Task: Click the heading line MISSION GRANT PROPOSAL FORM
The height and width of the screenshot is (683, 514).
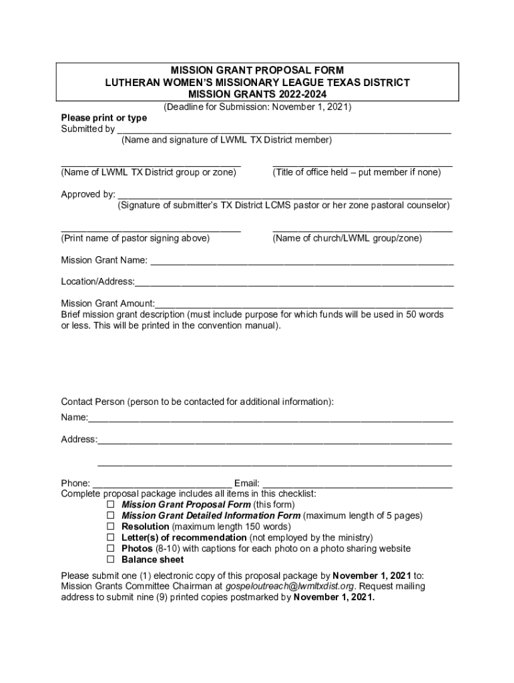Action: [x=257, y=70]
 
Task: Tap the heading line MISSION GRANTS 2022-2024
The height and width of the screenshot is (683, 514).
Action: [x=257, y=94]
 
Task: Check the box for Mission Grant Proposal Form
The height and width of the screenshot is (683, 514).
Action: [x=111, y=505]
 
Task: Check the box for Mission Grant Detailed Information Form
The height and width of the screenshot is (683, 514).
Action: [x=111, y=516]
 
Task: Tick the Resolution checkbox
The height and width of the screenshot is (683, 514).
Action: [x=111, y=527]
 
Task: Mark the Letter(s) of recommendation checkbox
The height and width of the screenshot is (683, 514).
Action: [x=111, y=538]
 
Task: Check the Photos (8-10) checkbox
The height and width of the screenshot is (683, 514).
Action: [x=111, y=548]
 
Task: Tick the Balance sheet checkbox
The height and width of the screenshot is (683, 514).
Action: [x=111, y=560]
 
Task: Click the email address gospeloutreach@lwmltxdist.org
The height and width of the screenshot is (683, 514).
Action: [x=288, y=586]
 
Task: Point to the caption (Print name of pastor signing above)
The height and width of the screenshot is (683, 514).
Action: [x=136, y=238]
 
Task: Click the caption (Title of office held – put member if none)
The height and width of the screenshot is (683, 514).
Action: [x=356, y=172]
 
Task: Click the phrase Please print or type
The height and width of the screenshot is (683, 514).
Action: [x=104, y=118]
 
